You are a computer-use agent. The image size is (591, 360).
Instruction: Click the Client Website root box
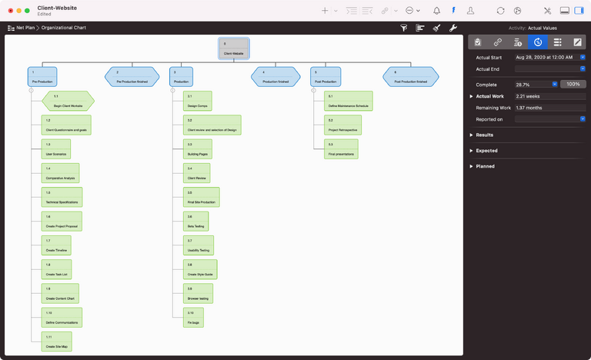(234, 48)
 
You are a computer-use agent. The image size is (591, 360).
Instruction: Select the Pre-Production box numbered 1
(42, 76)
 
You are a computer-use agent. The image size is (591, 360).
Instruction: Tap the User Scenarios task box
(56, 149)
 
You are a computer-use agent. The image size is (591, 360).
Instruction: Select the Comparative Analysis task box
(61, 173)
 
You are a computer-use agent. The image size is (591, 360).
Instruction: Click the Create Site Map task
(57, 342)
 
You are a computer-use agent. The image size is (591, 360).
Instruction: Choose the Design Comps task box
(198, 101)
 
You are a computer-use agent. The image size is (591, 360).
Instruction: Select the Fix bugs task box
(194, 318)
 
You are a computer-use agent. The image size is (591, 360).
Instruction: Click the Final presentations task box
(341, 149)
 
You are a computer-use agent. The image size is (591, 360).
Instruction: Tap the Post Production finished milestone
(411, 76)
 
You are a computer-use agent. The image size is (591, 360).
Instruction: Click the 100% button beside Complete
(573, 85)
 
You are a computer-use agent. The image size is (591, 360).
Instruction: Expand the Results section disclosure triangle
(471, 135)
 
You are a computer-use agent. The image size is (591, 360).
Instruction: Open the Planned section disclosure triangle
(471, 166)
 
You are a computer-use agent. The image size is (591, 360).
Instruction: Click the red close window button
(10, 11)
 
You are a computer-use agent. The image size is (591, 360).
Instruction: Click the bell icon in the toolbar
(437, 11)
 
